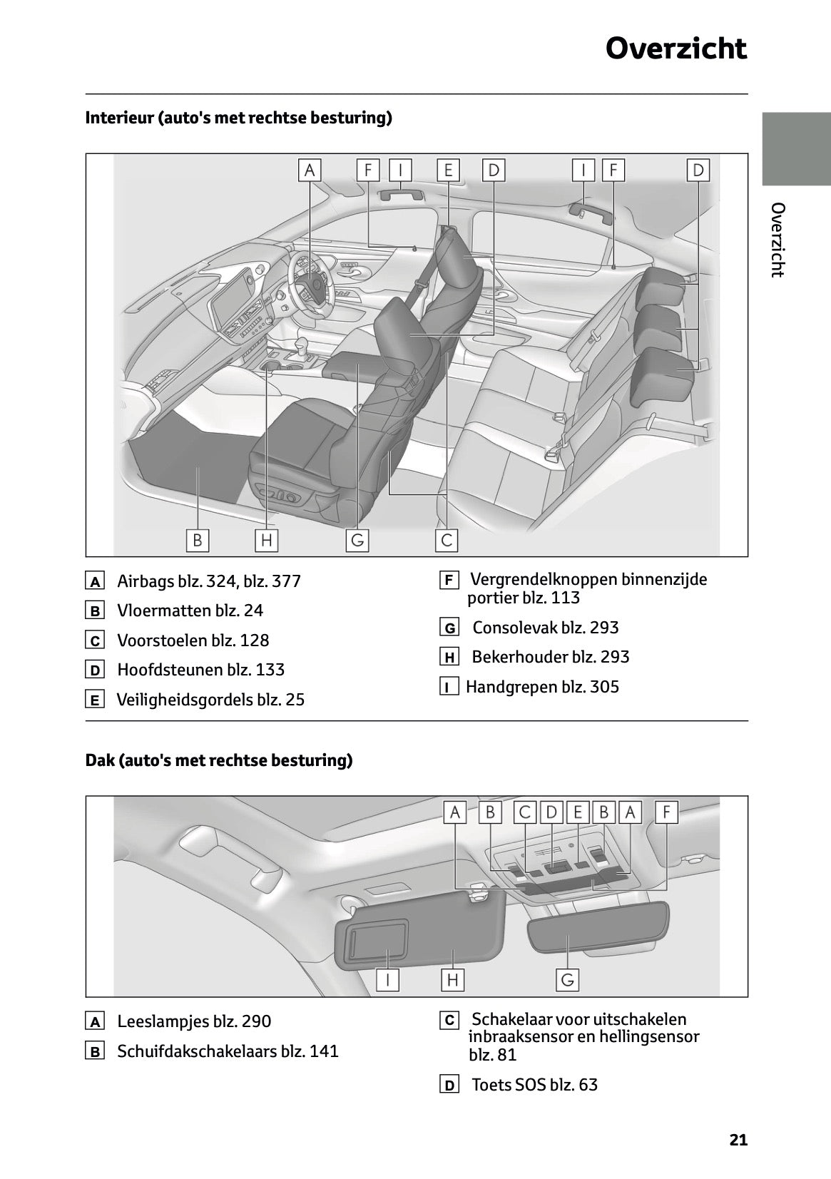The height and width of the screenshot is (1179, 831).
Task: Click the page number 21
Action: [x=738, y=1140]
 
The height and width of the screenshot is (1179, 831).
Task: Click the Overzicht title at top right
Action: [x=675, y=49]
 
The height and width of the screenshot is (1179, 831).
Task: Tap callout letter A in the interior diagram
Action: [x=309, y=170]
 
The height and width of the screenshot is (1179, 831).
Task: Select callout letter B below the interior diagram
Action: [x=197, y=540]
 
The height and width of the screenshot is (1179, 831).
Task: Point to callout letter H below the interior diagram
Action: [x=266, y=540]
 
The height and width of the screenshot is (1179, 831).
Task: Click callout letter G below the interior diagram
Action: [x=357, y=540]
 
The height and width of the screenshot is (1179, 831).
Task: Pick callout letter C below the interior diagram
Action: [x=447, y=540]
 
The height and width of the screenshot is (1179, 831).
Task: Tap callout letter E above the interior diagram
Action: [x=448, y=170]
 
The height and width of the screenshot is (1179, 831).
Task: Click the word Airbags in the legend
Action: [x=146, y=581]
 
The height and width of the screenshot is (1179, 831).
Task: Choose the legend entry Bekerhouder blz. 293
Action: [x=550, y=657]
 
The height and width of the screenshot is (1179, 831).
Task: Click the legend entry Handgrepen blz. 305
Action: [x=542, y=687]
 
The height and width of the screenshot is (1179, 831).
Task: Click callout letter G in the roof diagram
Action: [x=567, y=979]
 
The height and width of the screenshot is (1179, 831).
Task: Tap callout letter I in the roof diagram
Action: [x=387, y=979]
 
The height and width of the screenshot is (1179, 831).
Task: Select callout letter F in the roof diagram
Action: [x=666, y=812]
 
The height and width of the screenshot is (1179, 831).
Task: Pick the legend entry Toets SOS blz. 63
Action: [x=534, y=1085]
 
